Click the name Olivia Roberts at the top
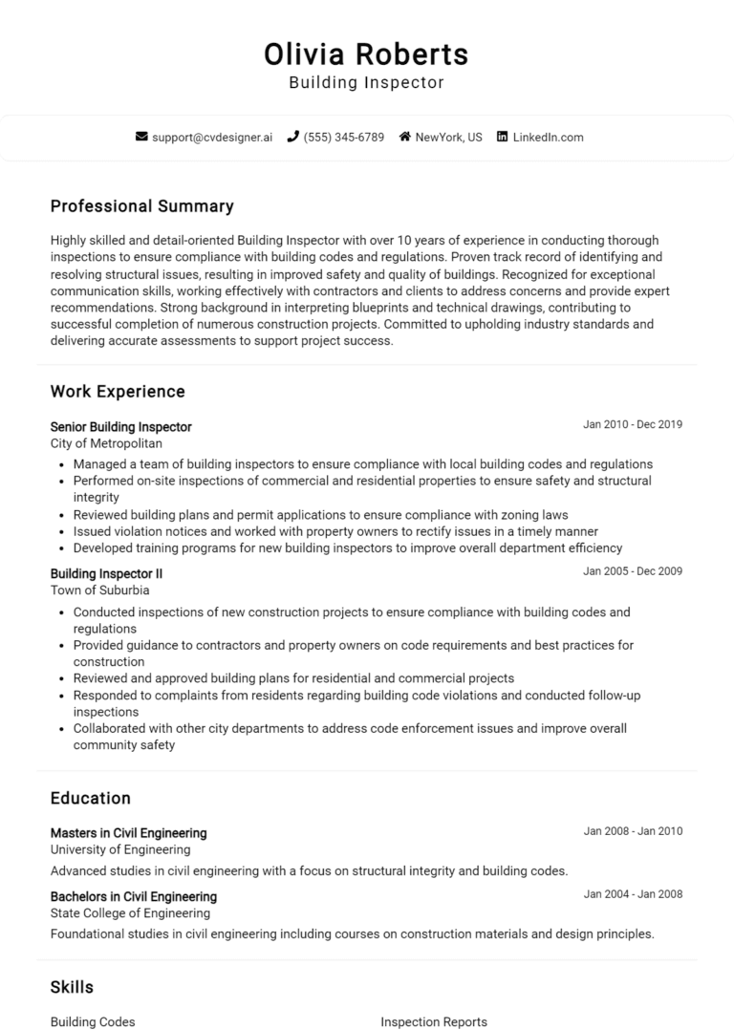click(x=366, y=54)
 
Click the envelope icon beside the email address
click(x=142, y=138)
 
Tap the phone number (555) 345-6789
click(x=344, y=138)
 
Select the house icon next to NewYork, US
click(x=405, y=138)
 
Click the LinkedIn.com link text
click(x=548, y=138)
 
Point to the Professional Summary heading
click(x=141, y=206)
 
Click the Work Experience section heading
click(x=118, y=392)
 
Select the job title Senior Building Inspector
click(x=120, y=427)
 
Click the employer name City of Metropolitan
click(x=106, y=443)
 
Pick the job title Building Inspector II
click(x=106, y=573)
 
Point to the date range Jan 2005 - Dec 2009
click(x=633, y=571)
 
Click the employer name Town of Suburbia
click(x=99, y=590)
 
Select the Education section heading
click(x=90, y=798)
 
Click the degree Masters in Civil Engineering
click(x=128, y=833)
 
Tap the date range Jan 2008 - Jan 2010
click(x=633, y=831)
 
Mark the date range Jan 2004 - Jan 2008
click(x=633, y=895)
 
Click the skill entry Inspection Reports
click(x=434, y=1021)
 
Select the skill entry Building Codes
click(x=93, y=1021)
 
